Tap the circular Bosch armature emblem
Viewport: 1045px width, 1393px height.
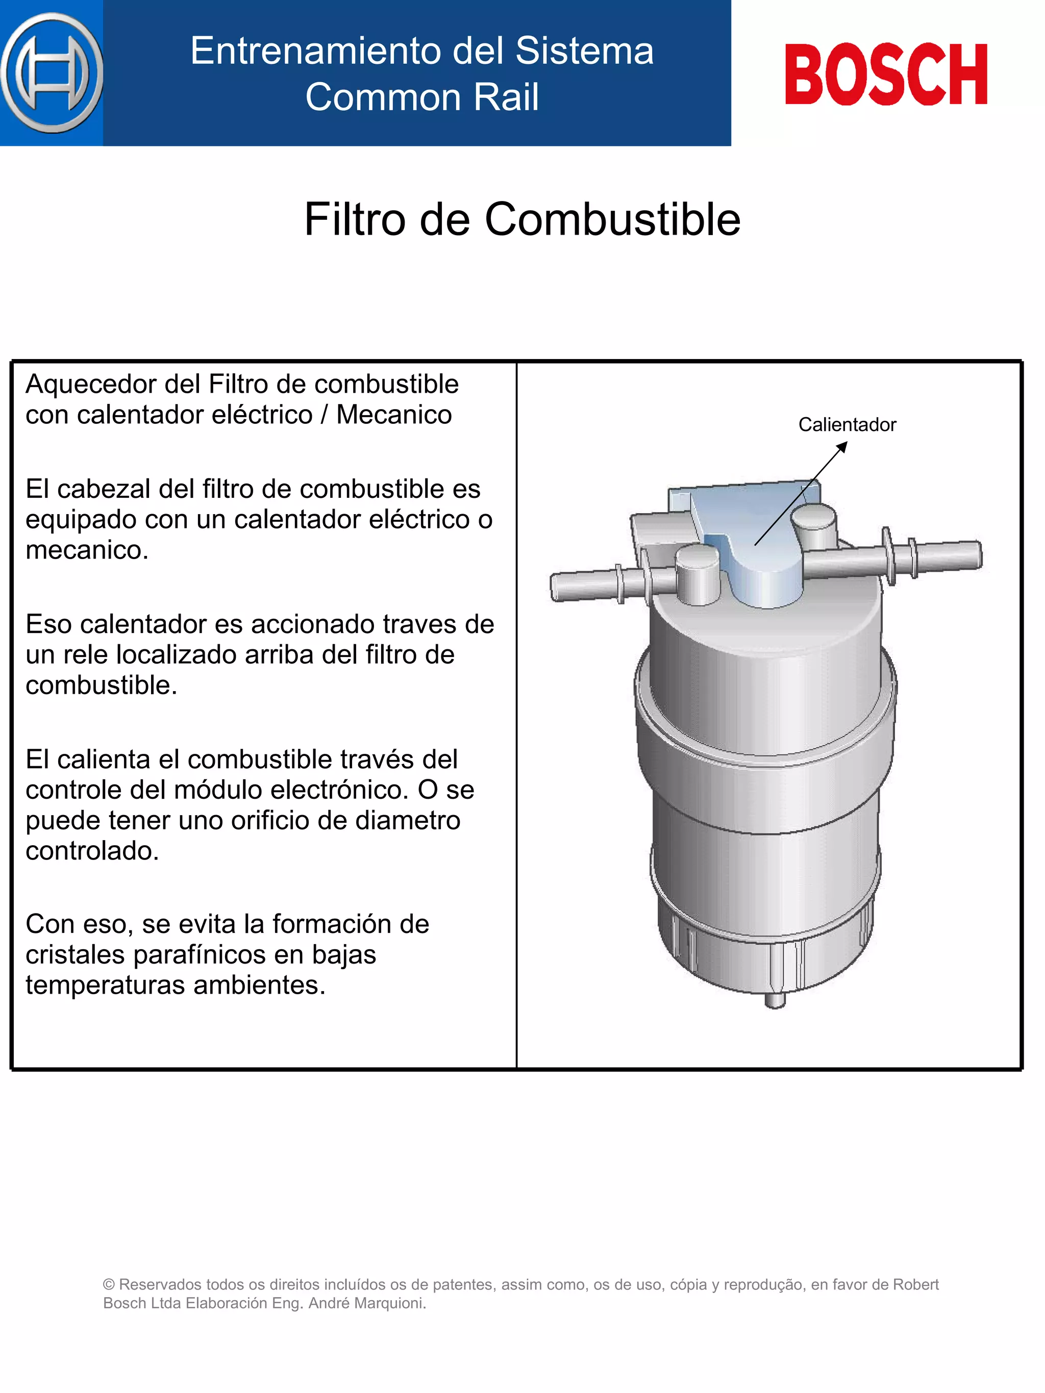click(52, 73)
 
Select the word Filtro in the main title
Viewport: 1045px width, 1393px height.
click(355, 219)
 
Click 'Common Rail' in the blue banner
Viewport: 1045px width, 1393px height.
click(421, 97)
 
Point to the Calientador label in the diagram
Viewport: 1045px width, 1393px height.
click(847, 424)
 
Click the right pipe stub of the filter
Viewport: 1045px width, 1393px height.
click(945, 555)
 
